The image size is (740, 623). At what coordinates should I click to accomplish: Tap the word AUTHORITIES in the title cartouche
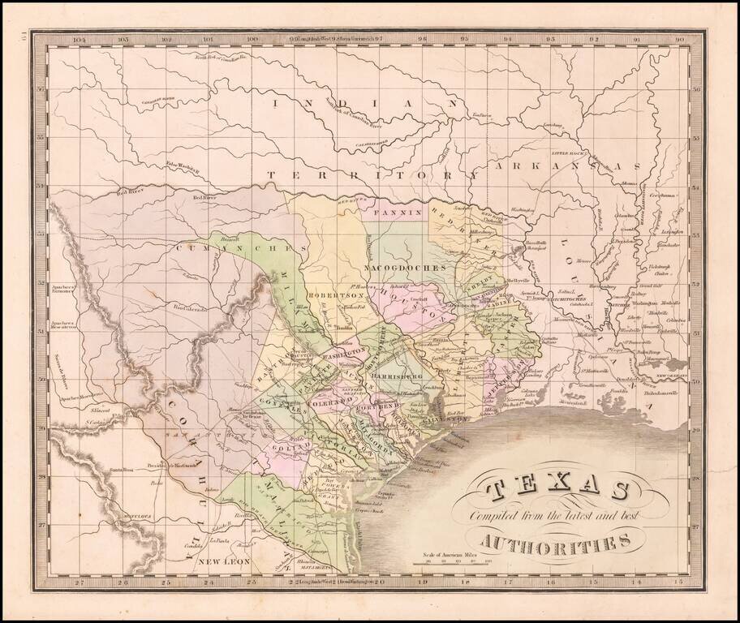coord(559,541)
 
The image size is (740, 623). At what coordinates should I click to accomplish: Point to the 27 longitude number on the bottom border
coord(79,581)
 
